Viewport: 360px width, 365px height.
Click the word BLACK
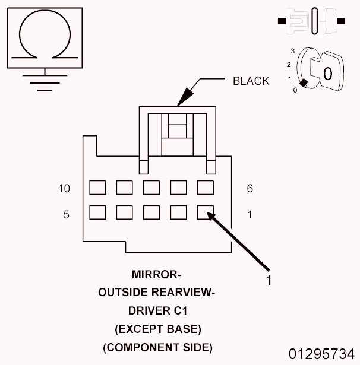(251, 81)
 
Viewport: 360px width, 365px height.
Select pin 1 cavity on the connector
(206, 212)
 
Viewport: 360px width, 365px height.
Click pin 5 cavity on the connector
(97, 212)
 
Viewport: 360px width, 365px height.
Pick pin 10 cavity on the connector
(97, 188)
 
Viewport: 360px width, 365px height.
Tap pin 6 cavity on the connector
(206, 188)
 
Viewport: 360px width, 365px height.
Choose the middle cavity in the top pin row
(151, 188)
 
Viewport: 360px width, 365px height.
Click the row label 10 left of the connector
(64, 189)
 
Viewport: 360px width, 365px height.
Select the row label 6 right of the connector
(250, 189)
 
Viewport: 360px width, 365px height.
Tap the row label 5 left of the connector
(66, 214)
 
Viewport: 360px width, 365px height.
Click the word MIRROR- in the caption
(156, 275)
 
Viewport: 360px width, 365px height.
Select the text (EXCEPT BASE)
(157, 329)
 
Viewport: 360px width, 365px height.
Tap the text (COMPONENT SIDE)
(157, 347)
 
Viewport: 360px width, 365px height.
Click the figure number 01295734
(321, 354)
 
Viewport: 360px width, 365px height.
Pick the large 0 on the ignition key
(327, 74)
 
